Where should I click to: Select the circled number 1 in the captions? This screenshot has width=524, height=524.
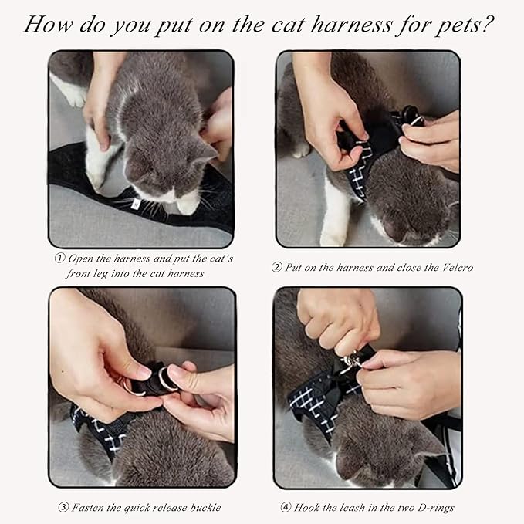tap(59, 259)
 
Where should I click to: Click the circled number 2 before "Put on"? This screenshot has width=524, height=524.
tap(276, 268)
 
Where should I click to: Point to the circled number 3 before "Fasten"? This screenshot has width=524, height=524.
tap(63, 507)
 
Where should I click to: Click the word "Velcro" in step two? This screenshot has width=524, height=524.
tap(454, 268)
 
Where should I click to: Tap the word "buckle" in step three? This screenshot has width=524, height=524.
tap(203, 507)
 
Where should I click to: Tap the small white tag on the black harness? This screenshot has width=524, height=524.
tap(136, 204)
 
